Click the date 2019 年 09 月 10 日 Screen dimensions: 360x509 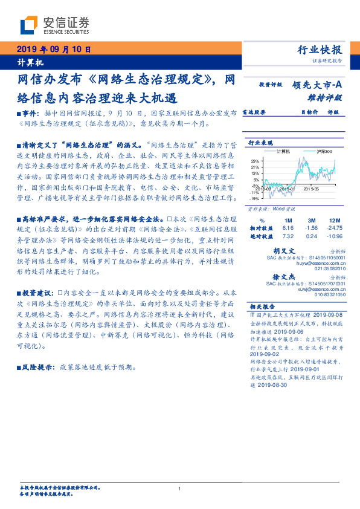(x=51, y=49)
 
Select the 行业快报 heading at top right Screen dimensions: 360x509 (x=320, y=50)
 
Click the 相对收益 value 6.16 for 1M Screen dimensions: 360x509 (x=288, y=228)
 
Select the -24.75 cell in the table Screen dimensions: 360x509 (x=334, y=228)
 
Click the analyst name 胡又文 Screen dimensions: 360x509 (x=300, y=250)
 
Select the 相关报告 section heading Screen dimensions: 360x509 (x=263, y=306)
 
